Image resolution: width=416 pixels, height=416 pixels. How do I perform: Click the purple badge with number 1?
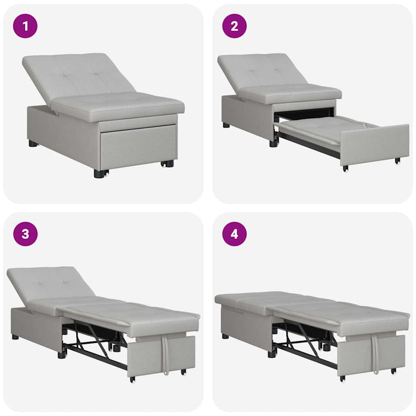25,26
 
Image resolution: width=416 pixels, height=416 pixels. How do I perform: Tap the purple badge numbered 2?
234,26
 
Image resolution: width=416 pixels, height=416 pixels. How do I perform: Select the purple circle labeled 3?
25,234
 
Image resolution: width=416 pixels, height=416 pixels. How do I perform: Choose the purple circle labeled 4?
234,234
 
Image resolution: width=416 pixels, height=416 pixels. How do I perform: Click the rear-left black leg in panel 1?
33,144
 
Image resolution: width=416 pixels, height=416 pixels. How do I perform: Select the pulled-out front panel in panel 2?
374,144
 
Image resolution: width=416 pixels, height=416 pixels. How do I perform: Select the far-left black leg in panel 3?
15,337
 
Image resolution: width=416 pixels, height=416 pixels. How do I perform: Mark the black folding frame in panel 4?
303,339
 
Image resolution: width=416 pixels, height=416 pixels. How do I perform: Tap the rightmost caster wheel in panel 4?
393,371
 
